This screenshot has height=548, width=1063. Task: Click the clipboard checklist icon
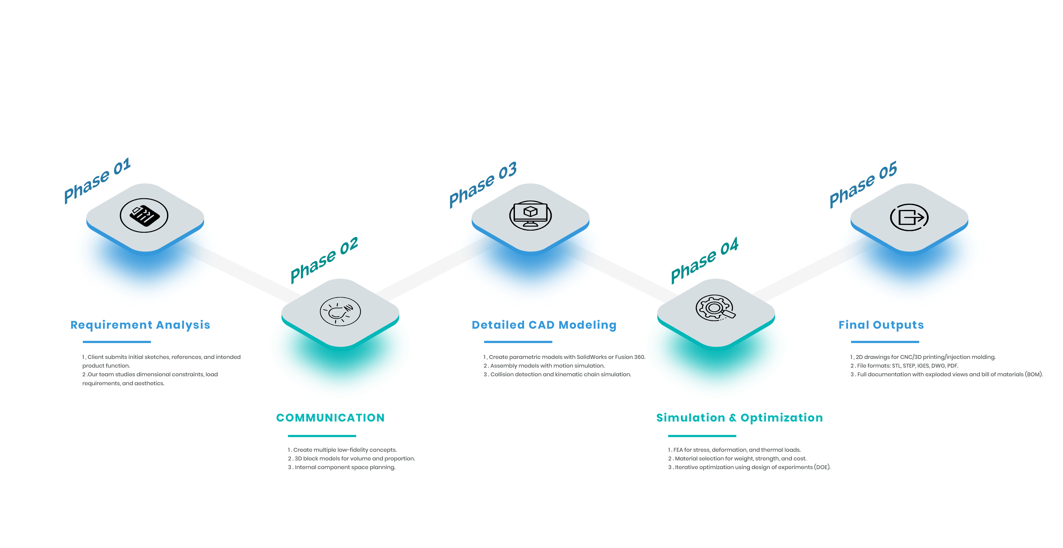[144, 215]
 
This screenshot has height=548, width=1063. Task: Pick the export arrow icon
[909, 217]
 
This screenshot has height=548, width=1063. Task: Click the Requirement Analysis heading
[140, 325]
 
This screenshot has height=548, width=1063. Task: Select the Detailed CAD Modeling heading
[544, 325]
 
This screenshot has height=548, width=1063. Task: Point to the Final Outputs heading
[881, 325]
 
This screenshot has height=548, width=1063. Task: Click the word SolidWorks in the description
[591, 357]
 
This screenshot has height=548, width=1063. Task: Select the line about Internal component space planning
[342, 467]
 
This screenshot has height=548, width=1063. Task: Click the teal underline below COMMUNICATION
[322, 436]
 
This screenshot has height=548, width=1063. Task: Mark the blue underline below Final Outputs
[885, 342]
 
